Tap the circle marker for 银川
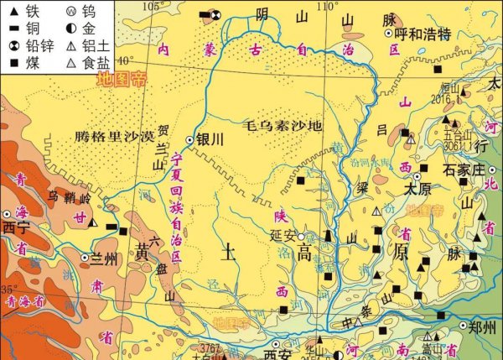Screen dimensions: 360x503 click(189, 140)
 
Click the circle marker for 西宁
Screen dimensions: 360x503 click(8, 214)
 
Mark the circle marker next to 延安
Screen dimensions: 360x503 click(301, 236)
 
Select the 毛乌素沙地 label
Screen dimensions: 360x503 click(283, 127)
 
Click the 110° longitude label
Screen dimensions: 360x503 click(329, 7)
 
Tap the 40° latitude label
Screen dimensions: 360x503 click(125, 60)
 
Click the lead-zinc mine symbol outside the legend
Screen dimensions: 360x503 click(215, 14)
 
